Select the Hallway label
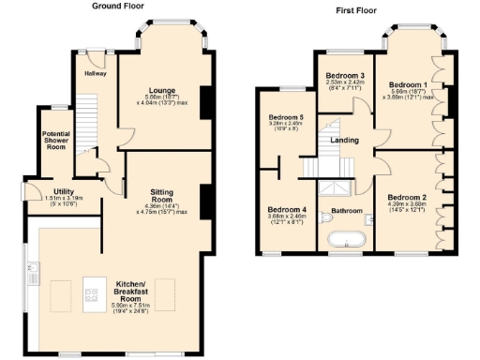[96, 73]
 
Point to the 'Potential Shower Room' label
[56, 140]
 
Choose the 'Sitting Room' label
[162, 196]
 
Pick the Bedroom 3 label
[345, 75]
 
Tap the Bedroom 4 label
[286, 209]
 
